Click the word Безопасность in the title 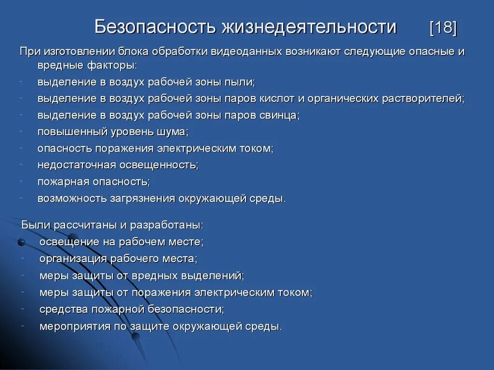155,27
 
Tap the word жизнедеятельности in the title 309,27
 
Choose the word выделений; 220,276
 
